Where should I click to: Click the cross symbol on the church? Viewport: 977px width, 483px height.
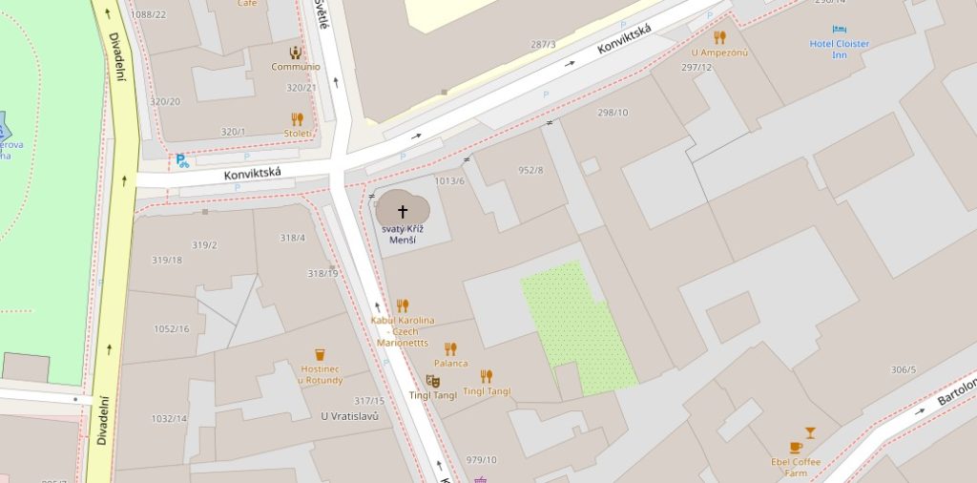click(x=402, y=211)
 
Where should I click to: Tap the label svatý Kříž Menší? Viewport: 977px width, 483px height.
click(x=402, y=234)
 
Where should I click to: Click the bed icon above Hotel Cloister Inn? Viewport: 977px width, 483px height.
click(x=839, y=30)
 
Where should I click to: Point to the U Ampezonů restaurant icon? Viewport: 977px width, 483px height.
click(x=719, y=37)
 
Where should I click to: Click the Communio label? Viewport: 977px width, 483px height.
click(x=295, y=67)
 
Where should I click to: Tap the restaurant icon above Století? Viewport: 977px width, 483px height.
click(x=297, y=118)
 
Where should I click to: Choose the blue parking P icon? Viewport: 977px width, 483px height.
click(x=181, y=161)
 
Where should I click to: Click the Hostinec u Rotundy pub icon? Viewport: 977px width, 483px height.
click(x=321, y=355)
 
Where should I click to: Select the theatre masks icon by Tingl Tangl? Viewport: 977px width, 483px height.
click(x=432, y=381)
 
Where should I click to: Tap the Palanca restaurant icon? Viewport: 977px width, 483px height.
click(x=450, y=348)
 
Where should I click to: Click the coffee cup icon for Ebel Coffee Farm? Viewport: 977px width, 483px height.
click(x=796, y=448)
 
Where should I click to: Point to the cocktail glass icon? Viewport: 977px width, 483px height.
click(x=810, y=432)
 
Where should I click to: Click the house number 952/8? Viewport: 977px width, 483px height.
click(x=530, y=170)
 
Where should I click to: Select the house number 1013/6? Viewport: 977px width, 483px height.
click(x=449, y=180)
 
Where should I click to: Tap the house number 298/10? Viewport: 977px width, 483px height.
click(x=613, y=113)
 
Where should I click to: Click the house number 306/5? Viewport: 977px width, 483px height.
click(x=903, y=369)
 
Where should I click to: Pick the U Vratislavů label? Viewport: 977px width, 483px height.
click(x=350, y=416)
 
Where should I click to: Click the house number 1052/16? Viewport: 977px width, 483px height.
click(x=172, y=328)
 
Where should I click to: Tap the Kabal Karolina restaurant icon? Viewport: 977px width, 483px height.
click(x=402, y=305)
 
